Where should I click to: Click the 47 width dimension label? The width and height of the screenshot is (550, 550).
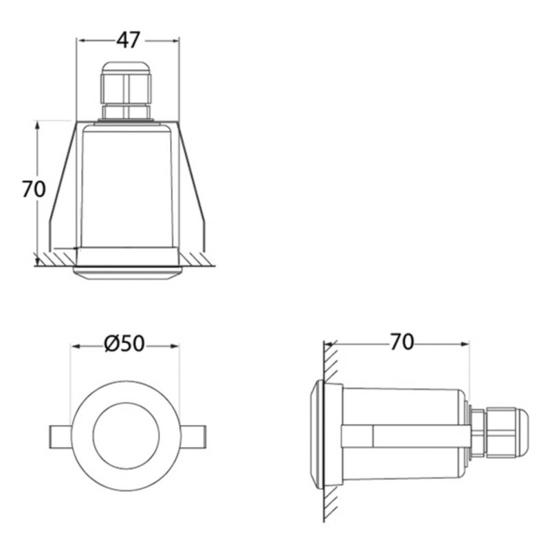(x=128, y=40)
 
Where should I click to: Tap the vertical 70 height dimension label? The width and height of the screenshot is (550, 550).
(x=34, y=189)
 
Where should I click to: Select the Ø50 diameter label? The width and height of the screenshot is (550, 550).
(x=124, y=343)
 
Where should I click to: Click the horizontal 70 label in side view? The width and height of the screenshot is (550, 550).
(x=402, y=342)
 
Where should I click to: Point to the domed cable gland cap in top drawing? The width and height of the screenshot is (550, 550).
(x=126, y=68)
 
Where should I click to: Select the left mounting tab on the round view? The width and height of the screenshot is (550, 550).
(x=60, y=437)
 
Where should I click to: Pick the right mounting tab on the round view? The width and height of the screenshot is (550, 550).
(x=192, y=437)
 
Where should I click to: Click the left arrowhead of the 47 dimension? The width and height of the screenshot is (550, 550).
(x=80, y=41)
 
